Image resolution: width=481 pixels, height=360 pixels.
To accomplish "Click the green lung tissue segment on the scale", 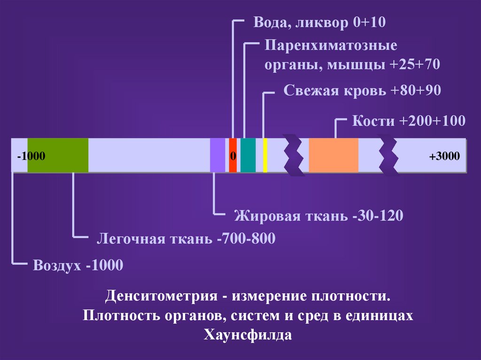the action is pos(58,155).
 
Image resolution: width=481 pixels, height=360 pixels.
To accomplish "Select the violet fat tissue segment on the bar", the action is pos(217,155).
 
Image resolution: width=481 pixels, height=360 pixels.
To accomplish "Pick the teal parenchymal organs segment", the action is pos(248,155).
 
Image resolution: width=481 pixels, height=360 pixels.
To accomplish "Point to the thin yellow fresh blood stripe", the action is pos(265,155).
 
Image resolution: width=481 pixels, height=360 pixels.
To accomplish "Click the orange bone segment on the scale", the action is pos(334,155).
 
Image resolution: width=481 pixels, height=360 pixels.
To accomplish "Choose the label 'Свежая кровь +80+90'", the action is pos(362,91).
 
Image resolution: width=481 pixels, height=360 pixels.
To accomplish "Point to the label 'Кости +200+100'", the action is pos(409,121).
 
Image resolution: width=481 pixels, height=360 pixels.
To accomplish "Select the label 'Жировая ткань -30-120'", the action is pos(318,216).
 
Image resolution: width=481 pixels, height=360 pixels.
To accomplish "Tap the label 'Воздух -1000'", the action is pos(78,266).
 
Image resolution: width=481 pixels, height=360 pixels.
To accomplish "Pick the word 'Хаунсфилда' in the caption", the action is pos(248,335).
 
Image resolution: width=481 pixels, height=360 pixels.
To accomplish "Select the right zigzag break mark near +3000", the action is pos(389,155).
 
